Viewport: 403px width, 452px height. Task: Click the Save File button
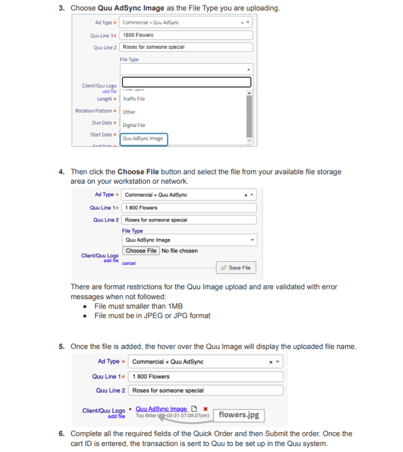click(x=235, y=268)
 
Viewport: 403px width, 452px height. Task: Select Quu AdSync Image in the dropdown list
click(x=143, y=138)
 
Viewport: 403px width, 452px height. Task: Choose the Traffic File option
click(x=134, y=99)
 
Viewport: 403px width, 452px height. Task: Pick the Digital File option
click(x=134, y=125)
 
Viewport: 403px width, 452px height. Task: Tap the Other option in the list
click(x=129, y=112)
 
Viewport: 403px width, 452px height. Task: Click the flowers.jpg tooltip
click(x=239, y=415)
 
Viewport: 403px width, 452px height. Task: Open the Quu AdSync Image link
click(x=161, y=409)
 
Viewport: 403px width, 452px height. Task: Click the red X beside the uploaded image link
click(x=206, y=409)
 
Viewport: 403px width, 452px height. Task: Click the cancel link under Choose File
click(x=129, y=263)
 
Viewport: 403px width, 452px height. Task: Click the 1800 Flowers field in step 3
click(x=185, y=35)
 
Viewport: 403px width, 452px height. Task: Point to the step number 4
click(x=61, y=172)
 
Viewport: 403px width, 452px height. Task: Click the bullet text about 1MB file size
click(x=138, y=306)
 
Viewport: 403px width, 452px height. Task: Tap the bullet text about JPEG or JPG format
click(x=152, y=315)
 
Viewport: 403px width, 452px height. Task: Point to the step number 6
click(x=61, y=433)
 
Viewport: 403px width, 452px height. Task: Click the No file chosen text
click(x=179, y=251)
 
